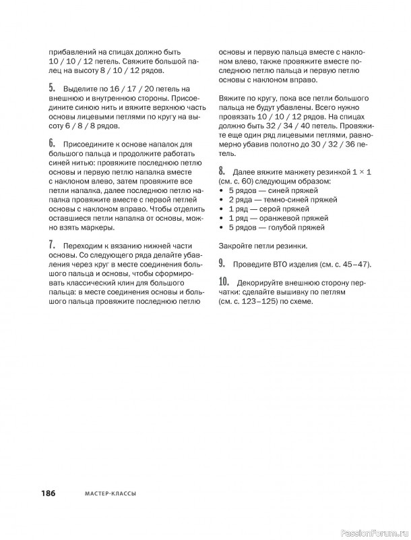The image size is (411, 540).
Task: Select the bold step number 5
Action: [x=52, y=88]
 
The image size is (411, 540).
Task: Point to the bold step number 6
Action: [x=52, y=144]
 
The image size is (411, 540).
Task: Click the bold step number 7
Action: [x=52, y=244]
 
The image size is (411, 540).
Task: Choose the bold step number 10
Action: [x=224, y=281]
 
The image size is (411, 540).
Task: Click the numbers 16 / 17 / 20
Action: [x=133, y=89]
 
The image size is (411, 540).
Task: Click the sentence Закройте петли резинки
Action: [x=263, y=246]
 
